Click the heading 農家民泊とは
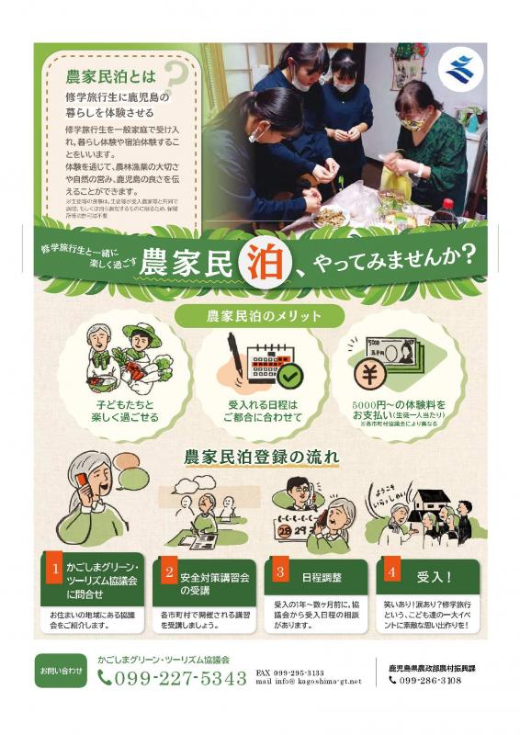click(x=105, y=73)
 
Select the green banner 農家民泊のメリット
click(x=261, y=316)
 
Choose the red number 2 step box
click(x=169, y=571)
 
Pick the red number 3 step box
click(x=280, y=571)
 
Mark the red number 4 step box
click(x=392, y=571)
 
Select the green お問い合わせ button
click(x=61, y=671)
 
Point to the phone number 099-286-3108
click(x=430, y=681)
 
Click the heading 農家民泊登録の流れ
click(x=261, y=456)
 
